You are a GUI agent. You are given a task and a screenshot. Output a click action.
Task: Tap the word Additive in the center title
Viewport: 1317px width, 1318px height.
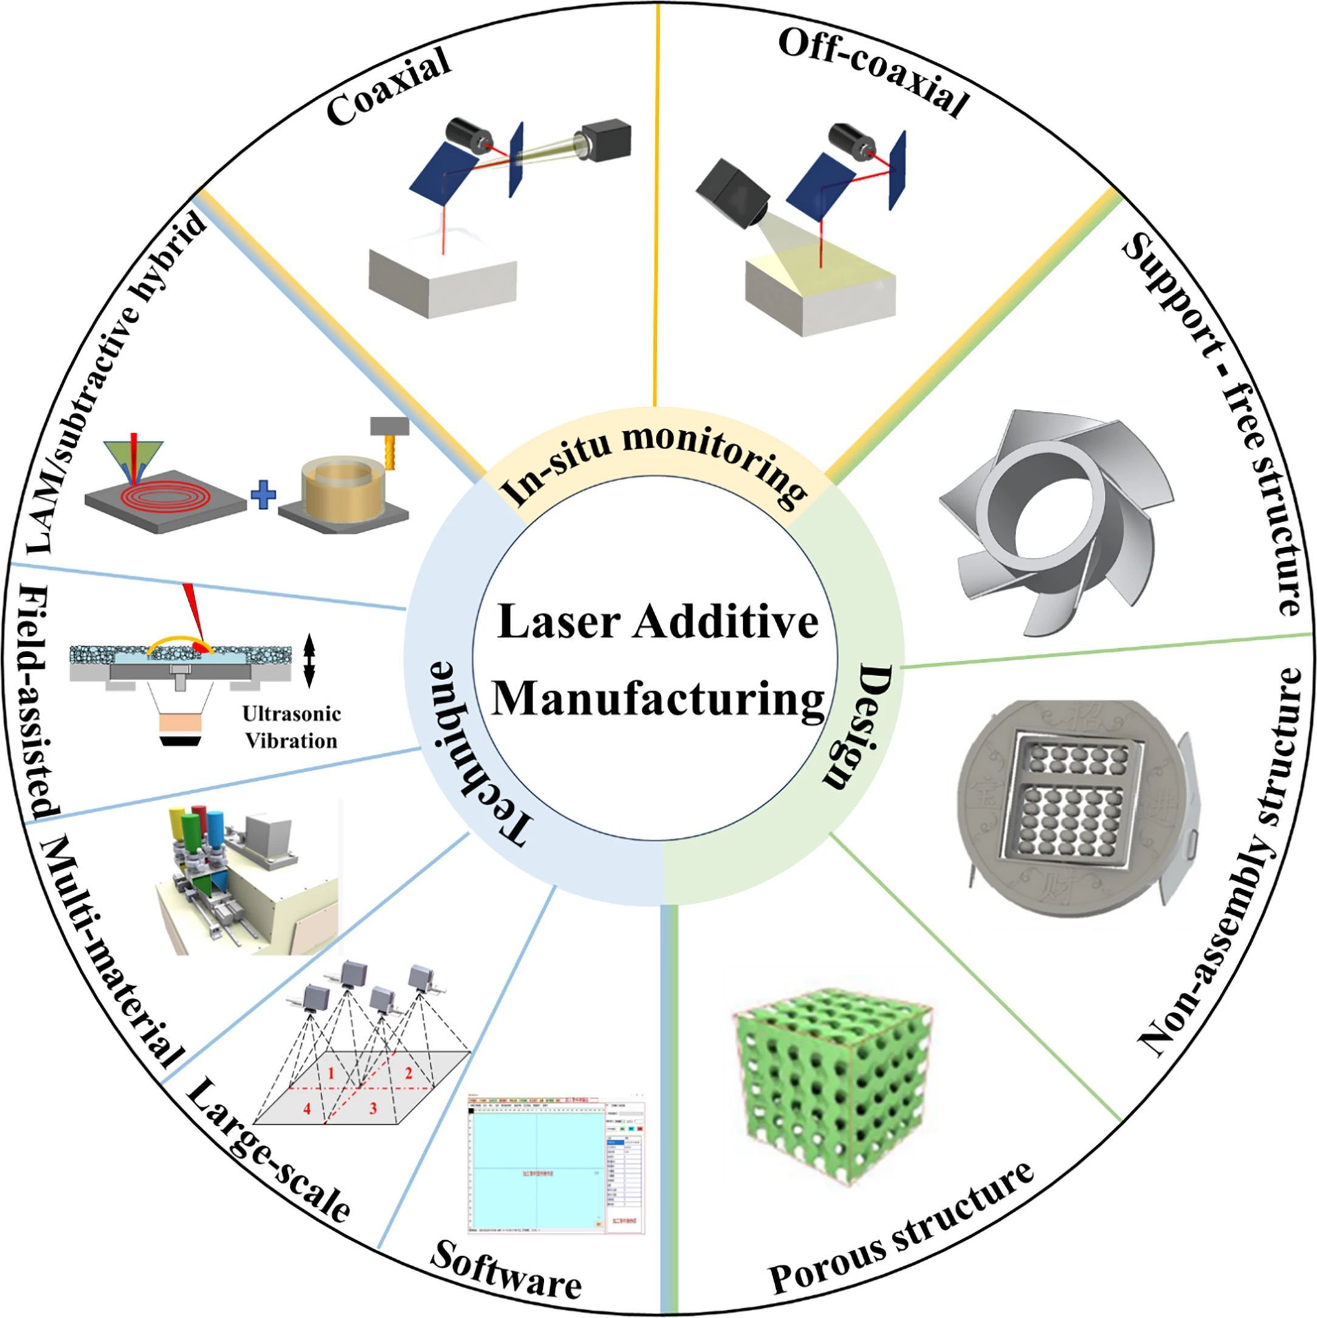[725, 621]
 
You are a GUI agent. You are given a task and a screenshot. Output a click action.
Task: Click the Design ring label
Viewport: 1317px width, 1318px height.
[858, 727]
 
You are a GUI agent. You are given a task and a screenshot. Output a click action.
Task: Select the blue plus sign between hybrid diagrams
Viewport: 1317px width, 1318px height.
[263, 494]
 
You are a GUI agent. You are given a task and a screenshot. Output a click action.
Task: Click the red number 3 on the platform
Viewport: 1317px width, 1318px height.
[373, 1108]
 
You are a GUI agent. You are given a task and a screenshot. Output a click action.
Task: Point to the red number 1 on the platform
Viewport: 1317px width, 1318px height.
[331, 1074]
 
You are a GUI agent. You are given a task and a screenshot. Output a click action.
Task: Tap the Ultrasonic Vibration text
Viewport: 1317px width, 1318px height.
[291, 727]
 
